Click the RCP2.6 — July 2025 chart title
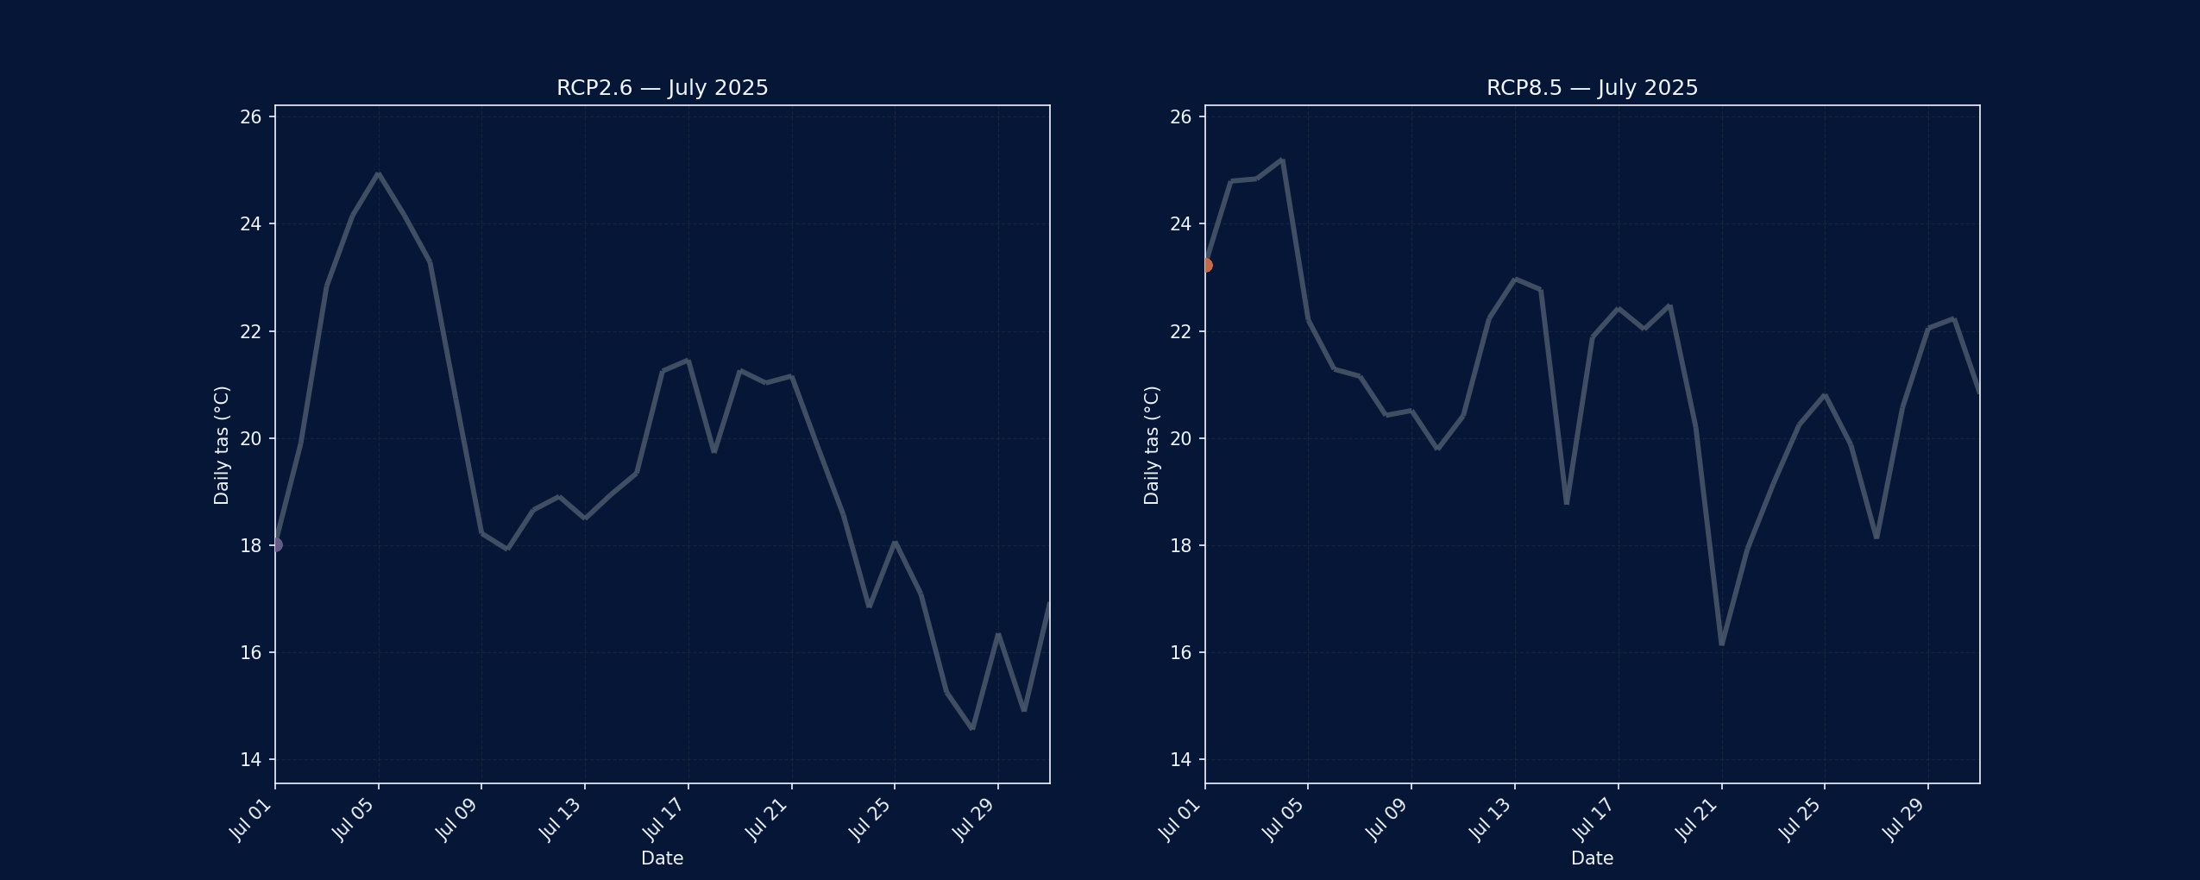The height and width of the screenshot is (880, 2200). [662, 88]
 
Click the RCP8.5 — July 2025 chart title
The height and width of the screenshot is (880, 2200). [1592, 88]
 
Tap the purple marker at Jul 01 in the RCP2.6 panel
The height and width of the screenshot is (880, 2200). [275, 544]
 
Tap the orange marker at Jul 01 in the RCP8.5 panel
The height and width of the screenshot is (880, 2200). [1205, 265]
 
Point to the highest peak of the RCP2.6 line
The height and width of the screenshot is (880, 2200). [378, 174]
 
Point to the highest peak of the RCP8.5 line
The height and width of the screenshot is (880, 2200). [1282, 160]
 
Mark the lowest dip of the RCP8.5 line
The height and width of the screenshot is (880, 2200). [1721, 644]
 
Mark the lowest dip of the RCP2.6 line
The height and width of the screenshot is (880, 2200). [972, 728]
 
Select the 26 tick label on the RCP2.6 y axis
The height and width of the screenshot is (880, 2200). [250, 116]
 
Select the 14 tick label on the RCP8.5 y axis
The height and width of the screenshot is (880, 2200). [1180, 759]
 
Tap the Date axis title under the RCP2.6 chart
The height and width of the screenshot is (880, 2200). [662, 858]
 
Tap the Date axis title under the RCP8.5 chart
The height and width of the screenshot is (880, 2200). [1592, 858]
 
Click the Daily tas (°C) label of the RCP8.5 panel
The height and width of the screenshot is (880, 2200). [1152, 444]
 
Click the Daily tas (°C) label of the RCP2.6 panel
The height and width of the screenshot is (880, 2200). [222, 444]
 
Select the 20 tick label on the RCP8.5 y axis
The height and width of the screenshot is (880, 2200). [1180, 438]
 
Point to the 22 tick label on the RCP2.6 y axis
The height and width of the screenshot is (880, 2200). [250, 331]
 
